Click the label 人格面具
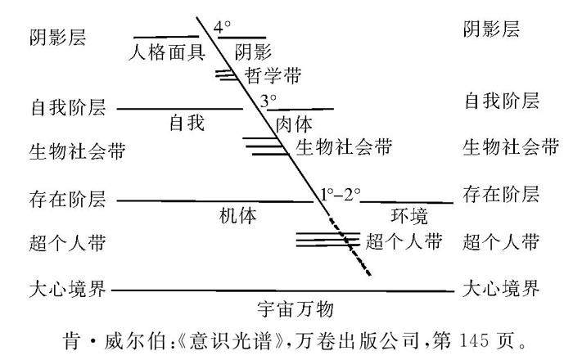169,52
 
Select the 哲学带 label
273,76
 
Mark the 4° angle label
223,27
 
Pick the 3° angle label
268,102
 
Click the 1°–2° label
341,195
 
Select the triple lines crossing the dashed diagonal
327,240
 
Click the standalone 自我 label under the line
186,124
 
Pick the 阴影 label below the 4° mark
252,52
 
